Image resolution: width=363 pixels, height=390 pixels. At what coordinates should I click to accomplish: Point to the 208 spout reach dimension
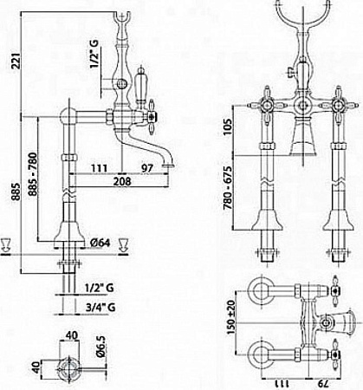tap(122, 181)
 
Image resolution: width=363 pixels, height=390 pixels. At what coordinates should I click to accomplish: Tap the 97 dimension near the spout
tap(146, 168)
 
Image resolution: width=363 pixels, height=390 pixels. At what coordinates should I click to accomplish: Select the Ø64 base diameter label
tap(100, 243)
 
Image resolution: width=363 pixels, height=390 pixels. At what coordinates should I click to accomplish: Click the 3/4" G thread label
tap(100, 308)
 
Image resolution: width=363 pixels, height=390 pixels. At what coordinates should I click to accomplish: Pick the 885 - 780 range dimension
tap(33, 174)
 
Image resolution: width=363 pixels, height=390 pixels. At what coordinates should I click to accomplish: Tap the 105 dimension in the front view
tap(228, 127)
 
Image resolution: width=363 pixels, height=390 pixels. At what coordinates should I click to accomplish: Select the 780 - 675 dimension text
tap(228, 188)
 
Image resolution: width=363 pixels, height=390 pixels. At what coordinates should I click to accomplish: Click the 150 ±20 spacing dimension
tap(231, 317)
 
